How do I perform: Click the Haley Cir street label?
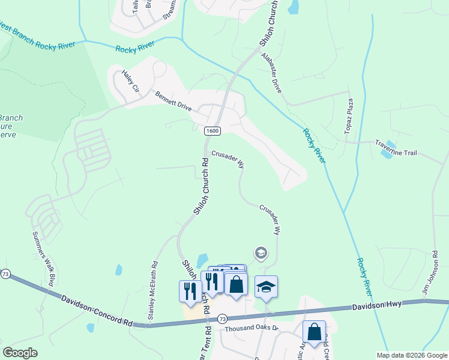130,81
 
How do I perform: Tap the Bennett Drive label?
173,101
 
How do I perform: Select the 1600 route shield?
211,131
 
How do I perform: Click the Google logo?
20,353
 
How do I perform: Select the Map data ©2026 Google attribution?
411,355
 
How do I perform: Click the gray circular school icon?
261,253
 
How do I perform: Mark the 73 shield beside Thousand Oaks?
222,318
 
